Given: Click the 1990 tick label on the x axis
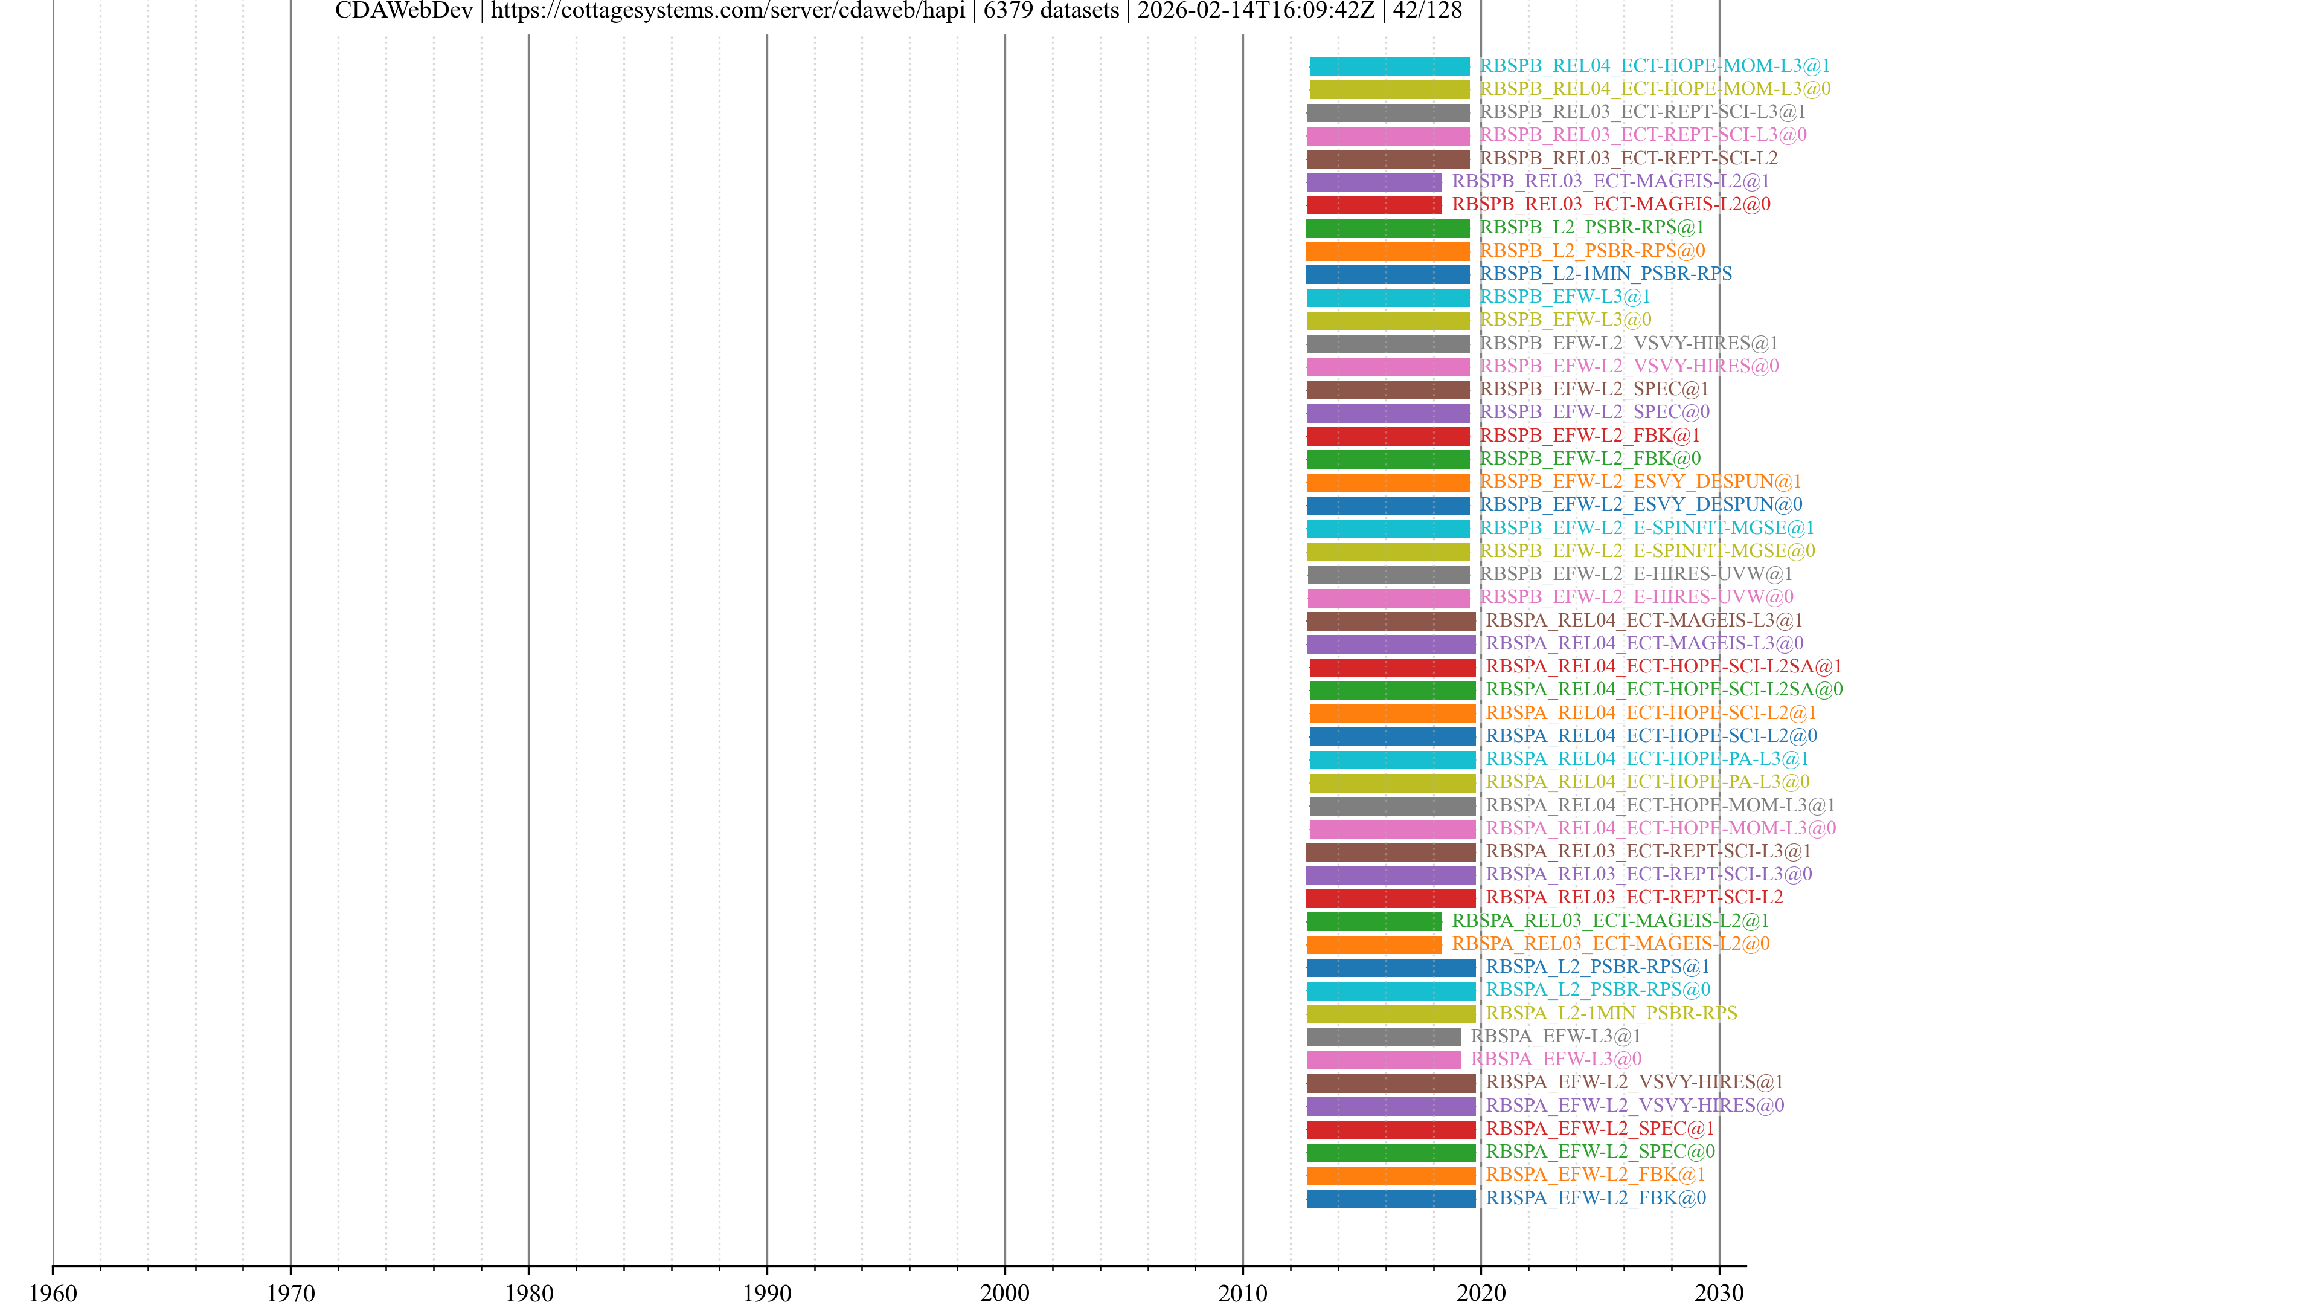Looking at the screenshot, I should tap(766, 1292).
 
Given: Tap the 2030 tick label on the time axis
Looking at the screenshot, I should tap(1719, 1292).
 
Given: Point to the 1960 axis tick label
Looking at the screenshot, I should tap(53, 1292).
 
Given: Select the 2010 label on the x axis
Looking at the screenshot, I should tap(1242, 1292).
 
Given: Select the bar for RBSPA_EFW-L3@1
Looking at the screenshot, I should tap(1384, 1037).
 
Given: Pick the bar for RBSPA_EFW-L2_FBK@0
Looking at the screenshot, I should tap(1391, 1199).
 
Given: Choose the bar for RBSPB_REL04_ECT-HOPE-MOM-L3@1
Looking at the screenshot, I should tap(1389, 66).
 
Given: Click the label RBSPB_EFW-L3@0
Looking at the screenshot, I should tap(1565, 320).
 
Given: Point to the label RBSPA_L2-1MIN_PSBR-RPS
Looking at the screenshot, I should tap(1611, 1013).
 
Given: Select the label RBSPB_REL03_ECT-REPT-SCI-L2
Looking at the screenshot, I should tap(1629, 158).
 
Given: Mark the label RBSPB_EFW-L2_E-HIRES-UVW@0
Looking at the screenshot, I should tap(1636, 597).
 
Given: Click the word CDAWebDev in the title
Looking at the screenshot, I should tap(403, 11).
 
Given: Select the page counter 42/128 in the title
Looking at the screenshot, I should tap(1427, 11).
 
